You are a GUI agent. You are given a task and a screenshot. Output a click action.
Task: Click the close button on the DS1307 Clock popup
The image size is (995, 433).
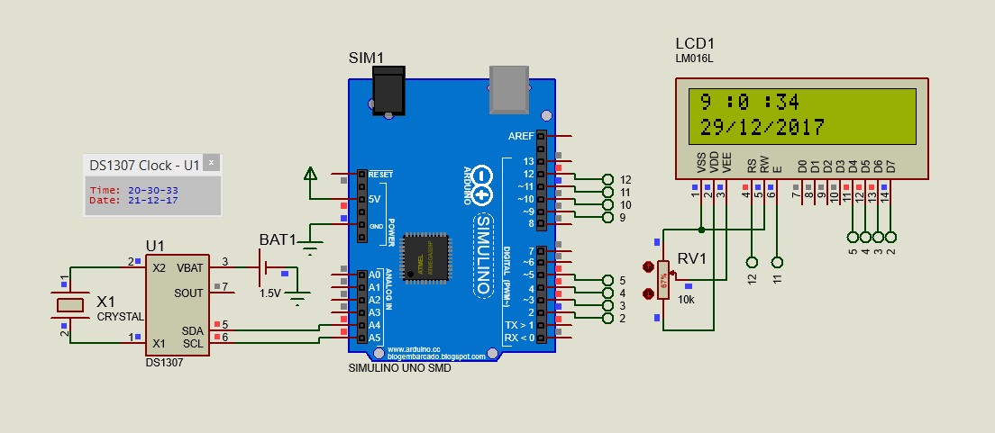pyautogui.click(x=211, y=164)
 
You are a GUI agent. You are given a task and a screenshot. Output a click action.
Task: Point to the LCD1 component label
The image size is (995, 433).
pyautogui.click(x=694, y=44)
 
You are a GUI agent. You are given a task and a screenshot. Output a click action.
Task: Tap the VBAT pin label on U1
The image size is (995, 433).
pyautogui.click(x=188, y=268)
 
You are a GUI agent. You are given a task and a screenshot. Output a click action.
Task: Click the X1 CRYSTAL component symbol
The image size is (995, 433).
pyautogui.click(x=69, y=306)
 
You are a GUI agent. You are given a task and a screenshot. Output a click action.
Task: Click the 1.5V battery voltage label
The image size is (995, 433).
pyautogui.click(x=269, y=293)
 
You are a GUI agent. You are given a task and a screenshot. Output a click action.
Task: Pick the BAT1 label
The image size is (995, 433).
pyautogui.click(x=278, y=240)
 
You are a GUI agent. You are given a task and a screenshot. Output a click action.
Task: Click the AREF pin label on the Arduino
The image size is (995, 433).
pyautogui.click(x=521, y=136)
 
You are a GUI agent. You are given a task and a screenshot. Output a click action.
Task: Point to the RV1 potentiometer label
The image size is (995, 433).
pyautogui.click(x=691, y=259)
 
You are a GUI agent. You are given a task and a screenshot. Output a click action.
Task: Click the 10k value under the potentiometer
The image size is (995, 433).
pyautogui.click(x=687, y=299)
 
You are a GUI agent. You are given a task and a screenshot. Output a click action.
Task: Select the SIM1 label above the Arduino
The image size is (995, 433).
pyautogui.click(x=367, y=59)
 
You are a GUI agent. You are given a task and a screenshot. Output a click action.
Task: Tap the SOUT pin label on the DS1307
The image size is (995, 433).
pyautogui.click(x=188, y=293)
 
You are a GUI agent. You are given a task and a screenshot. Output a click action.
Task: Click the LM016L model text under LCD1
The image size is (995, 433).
pyautogui.click(x=694, y=59)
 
